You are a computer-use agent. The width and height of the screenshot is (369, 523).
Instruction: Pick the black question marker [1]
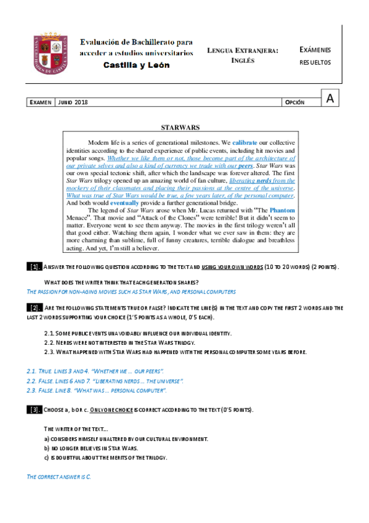click(x=34, y=266)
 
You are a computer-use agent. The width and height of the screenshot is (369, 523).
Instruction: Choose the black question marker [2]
click(x=34, y=307)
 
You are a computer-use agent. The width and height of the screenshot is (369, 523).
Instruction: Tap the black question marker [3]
click(x=34, y=410)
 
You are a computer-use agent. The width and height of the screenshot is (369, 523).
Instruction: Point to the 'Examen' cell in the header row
click(x=41, y=102)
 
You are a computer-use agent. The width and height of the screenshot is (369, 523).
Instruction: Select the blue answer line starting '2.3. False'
click(x=97, y=391)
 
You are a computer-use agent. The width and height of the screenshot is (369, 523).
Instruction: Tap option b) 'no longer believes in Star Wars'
click(x=91, y=448)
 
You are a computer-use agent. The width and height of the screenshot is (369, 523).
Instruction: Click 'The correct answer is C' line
click(x=59, y=477)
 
